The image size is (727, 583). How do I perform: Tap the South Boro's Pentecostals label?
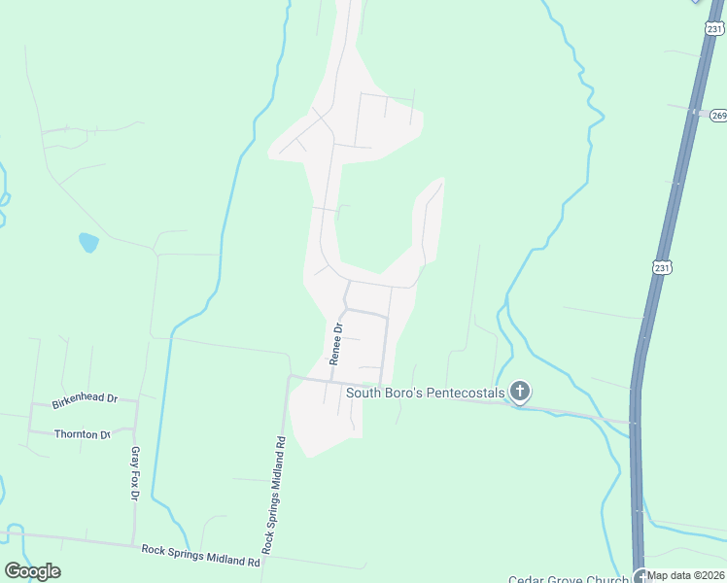point(427,393)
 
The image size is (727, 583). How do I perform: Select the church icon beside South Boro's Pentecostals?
point(520,392)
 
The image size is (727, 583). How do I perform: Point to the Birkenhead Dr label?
point(85,399)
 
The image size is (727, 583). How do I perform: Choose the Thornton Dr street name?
point(82,434)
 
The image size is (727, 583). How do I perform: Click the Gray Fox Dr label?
point(135,473)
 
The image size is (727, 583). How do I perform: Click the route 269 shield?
point(718,116)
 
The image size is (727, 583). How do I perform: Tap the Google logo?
point(32,571)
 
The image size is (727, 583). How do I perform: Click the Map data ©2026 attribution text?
point(686,575)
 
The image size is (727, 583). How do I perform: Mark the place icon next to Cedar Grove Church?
point(640,575)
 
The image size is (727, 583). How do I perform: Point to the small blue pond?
point(88,242)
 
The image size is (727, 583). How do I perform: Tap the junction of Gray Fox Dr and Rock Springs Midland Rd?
point(134,544)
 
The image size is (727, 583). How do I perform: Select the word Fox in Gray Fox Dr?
point(135,473)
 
